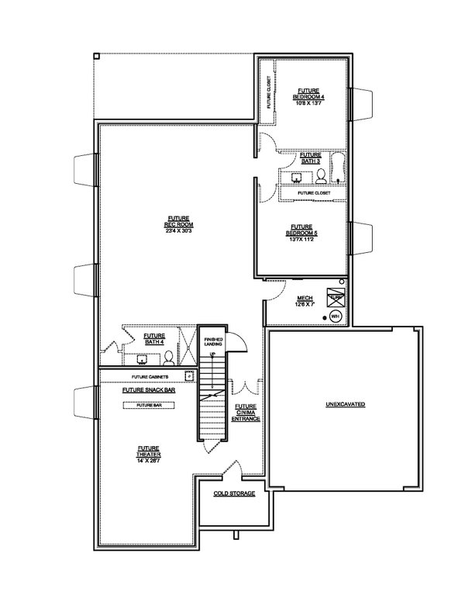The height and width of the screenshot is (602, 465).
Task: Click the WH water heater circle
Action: (x=336, y=317)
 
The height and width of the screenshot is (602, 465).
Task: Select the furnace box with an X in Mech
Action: (x=336, y=299)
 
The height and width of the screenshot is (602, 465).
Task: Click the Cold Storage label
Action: (x=234, y=493)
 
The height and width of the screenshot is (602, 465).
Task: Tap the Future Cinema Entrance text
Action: (x=246, y=412)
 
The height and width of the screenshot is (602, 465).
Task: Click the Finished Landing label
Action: (x=213, y=344)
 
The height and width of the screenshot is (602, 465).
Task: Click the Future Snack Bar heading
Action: (x=148, y=390)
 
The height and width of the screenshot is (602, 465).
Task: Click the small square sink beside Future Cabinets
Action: (x=188, y=375)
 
